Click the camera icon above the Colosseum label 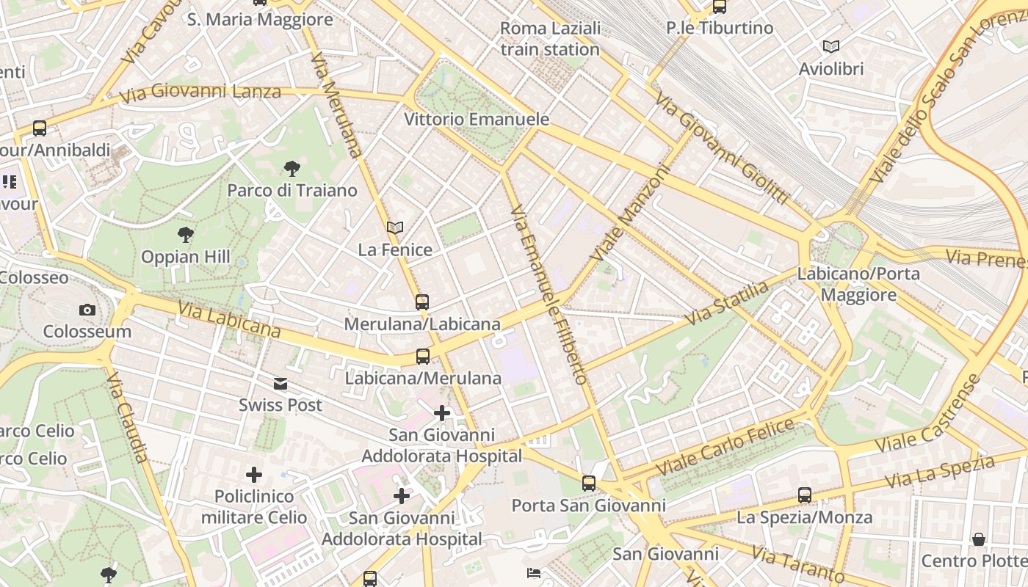87,310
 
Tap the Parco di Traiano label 292,191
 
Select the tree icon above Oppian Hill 186,235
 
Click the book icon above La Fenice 395,228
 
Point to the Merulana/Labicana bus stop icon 421,302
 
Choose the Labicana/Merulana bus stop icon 422,357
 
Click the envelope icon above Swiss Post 280,384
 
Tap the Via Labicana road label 229,319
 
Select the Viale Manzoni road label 631,214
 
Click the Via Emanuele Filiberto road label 550,294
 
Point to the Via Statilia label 726,302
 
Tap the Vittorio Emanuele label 477,119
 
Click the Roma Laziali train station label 550,39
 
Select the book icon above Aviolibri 831,47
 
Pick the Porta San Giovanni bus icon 589,483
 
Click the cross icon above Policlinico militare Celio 254,475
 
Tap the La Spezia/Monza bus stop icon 805,495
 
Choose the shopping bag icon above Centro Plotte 978,539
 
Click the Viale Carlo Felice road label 725,445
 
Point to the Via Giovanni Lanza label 200,92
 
